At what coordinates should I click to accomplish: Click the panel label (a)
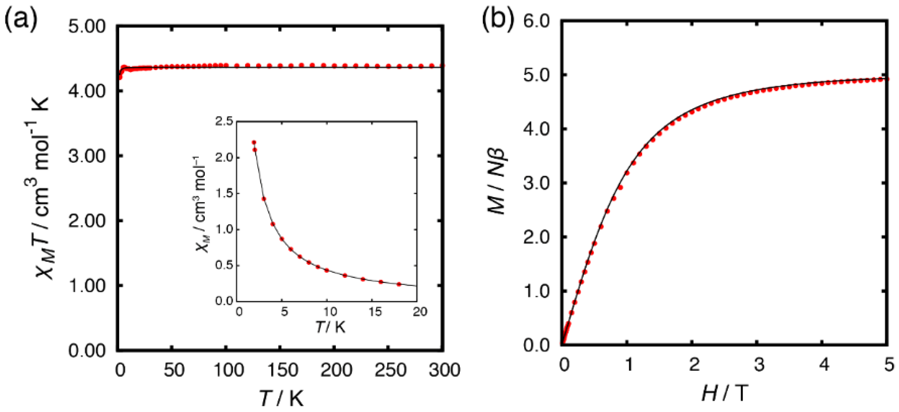(21, 19)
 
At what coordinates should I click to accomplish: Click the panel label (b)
(498, 19)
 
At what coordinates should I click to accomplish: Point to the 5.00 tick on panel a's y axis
(87, 27)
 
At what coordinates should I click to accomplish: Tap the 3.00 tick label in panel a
(87, 156)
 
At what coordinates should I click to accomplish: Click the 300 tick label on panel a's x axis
(444, 370)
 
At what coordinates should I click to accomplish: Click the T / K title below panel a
(281, 398)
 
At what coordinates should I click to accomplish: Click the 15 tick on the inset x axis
(375, 312)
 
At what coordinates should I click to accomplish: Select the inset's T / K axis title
(330, 327)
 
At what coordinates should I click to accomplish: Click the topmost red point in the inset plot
(254, 142)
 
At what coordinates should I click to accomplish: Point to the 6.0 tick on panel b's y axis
(536, 21)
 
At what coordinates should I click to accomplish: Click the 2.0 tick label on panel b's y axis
(536, 237)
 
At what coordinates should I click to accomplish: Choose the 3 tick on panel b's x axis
(759, 365)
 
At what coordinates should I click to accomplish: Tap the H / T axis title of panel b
(725, 393)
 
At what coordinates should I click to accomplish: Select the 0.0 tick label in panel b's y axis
(536, 345)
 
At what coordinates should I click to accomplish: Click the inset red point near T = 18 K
(399, 284)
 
